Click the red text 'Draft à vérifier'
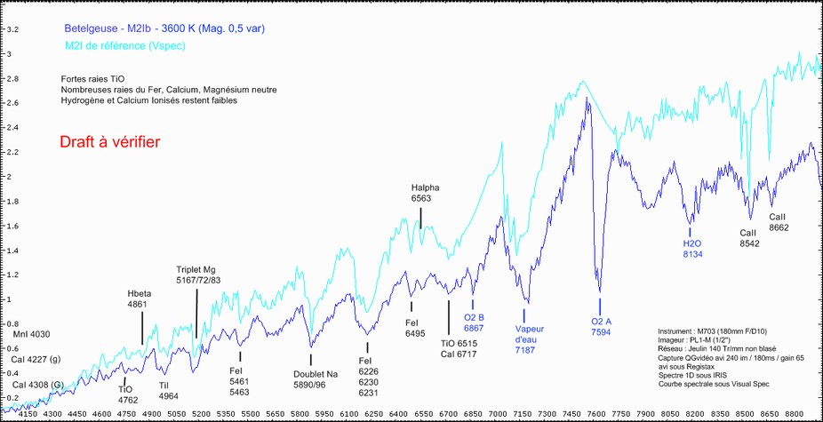click(109, 141)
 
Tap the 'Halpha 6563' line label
click(426, 194)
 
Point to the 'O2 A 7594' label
click(603, 327)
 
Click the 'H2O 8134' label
click(692, 248)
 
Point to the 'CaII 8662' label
click(779, 221)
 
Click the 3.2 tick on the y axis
click(12, 29)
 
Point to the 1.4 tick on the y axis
click(12, 251)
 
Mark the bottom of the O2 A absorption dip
click(600, 291)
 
